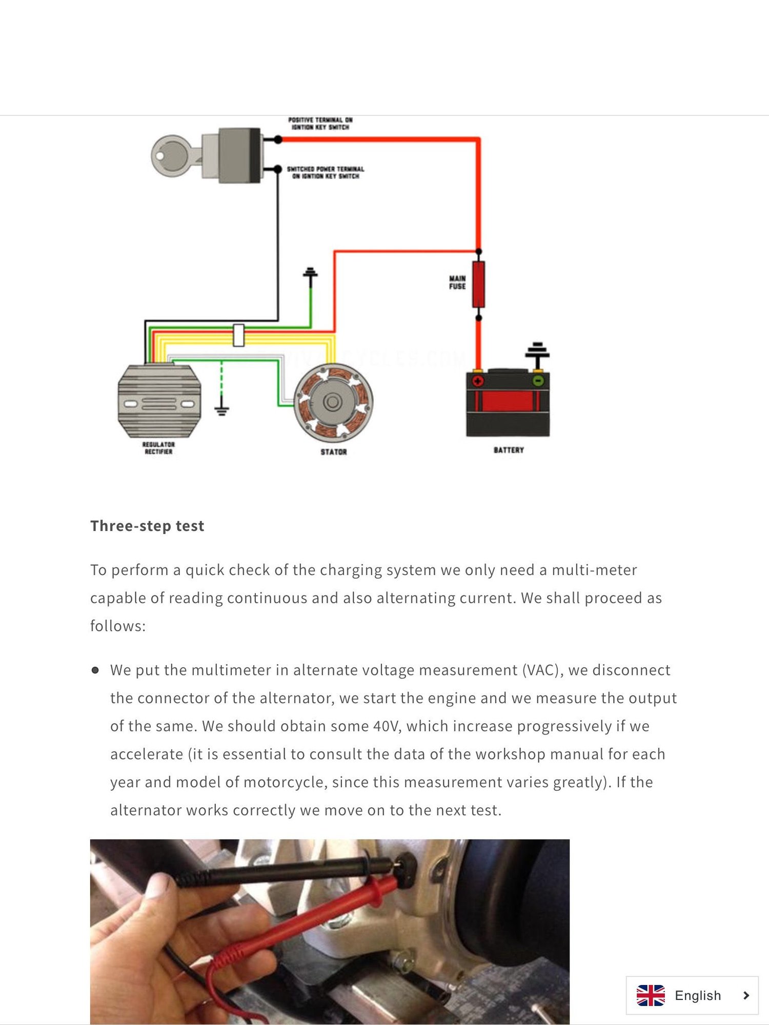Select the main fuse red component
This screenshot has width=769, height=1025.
[x=478, y=284]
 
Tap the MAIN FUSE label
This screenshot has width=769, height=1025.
[x=457, y=282]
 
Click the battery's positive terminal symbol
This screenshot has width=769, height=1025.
[x=478, y=381]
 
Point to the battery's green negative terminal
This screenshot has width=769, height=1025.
[x=538, y=381]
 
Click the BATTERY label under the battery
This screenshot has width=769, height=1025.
[x=509, y=450]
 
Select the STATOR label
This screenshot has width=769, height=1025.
[x=334, y=452]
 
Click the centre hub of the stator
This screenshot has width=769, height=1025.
[x=333, y=402]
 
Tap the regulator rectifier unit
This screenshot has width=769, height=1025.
[x=159, y=401]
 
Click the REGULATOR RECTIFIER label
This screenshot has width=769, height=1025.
[x=158, y=448]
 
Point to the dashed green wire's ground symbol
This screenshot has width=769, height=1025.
[x=221, y=411]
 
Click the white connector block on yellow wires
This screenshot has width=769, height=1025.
[x=238, y=335]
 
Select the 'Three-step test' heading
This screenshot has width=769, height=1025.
[x=147, y=526]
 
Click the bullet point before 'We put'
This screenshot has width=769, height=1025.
[x=95, y=670]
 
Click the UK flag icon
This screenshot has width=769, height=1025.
[x=651, y=995]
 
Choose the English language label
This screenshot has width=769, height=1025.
[x=698, y=995]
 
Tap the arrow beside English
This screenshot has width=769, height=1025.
[x=746, y=995]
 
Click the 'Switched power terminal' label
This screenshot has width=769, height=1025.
[x=326, y=172]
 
